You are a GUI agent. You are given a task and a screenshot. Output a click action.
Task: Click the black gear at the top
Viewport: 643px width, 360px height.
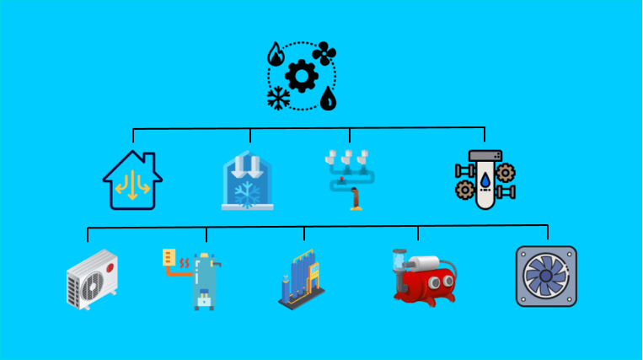(x=300, y=77)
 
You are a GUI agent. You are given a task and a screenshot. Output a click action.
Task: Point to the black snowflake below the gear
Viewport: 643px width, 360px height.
(x=276, y=99)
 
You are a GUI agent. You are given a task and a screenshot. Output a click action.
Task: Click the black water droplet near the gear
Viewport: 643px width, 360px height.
(x=328, y=99)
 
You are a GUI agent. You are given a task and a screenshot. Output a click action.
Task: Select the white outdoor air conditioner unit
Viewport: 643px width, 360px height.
(x=92, y=277)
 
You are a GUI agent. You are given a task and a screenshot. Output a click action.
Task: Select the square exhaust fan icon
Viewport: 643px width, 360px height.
(x=545, y=276)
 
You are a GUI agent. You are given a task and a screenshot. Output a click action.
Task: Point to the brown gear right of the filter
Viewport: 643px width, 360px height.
(x=506, y=174)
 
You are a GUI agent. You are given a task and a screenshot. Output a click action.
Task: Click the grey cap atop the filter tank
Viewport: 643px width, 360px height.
(x=485, y=155)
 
